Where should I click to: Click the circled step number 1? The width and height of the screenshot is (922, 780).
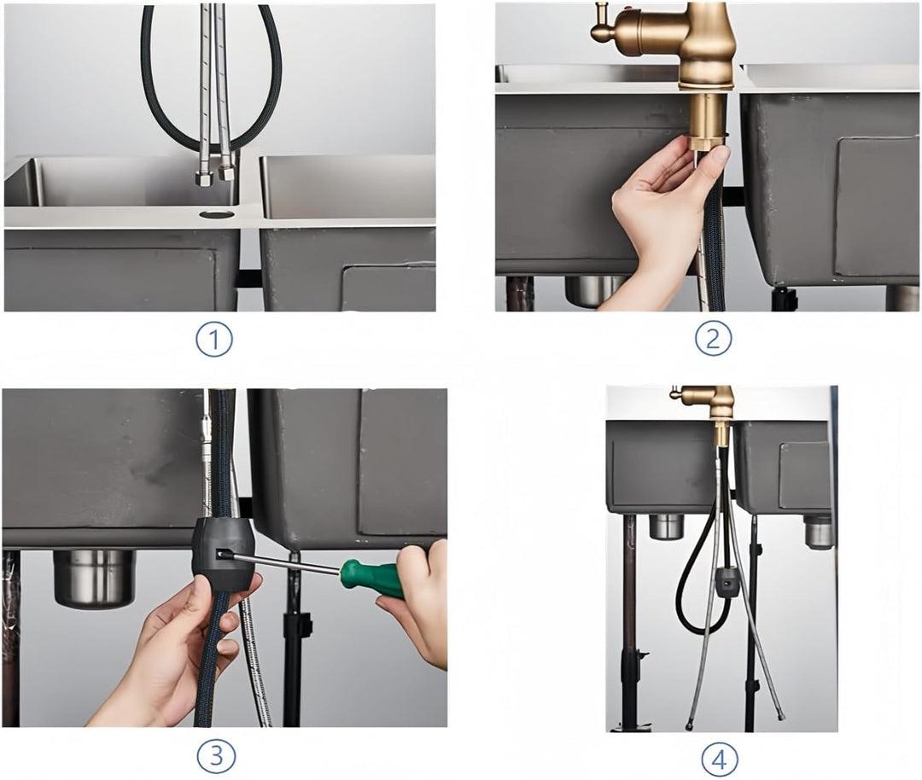pyautogui.click(x=214, y=340)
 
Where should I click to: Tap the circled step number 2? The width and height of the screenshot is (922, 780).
pyautogui.click(x=713, y=338)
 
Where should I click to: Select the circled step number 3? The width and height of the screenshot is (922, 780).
pyautogui.click(x=216, y=754)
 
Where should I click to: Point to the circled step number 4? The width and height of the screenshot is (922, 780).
pyautogui.click(x=720, y=760)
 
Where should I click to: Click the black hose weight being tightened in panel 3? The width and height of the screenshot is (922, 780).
pyautogui.click(x=222, y=555)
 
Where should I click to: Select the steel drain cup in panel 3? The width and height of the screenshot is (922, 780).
pyautogui.click(x=94, y=579)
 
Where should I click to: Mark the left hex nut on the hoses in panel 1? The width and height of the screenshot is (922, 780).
pyautogui.click(x=204, y=178)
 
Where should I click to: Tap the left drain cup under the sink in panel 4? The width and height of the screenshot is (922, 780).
pyautogui.click(x=666, y=527)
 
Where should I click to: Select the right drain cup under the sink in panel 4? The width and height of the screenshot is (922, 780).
pyautogui.click(x=819, y=532)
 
